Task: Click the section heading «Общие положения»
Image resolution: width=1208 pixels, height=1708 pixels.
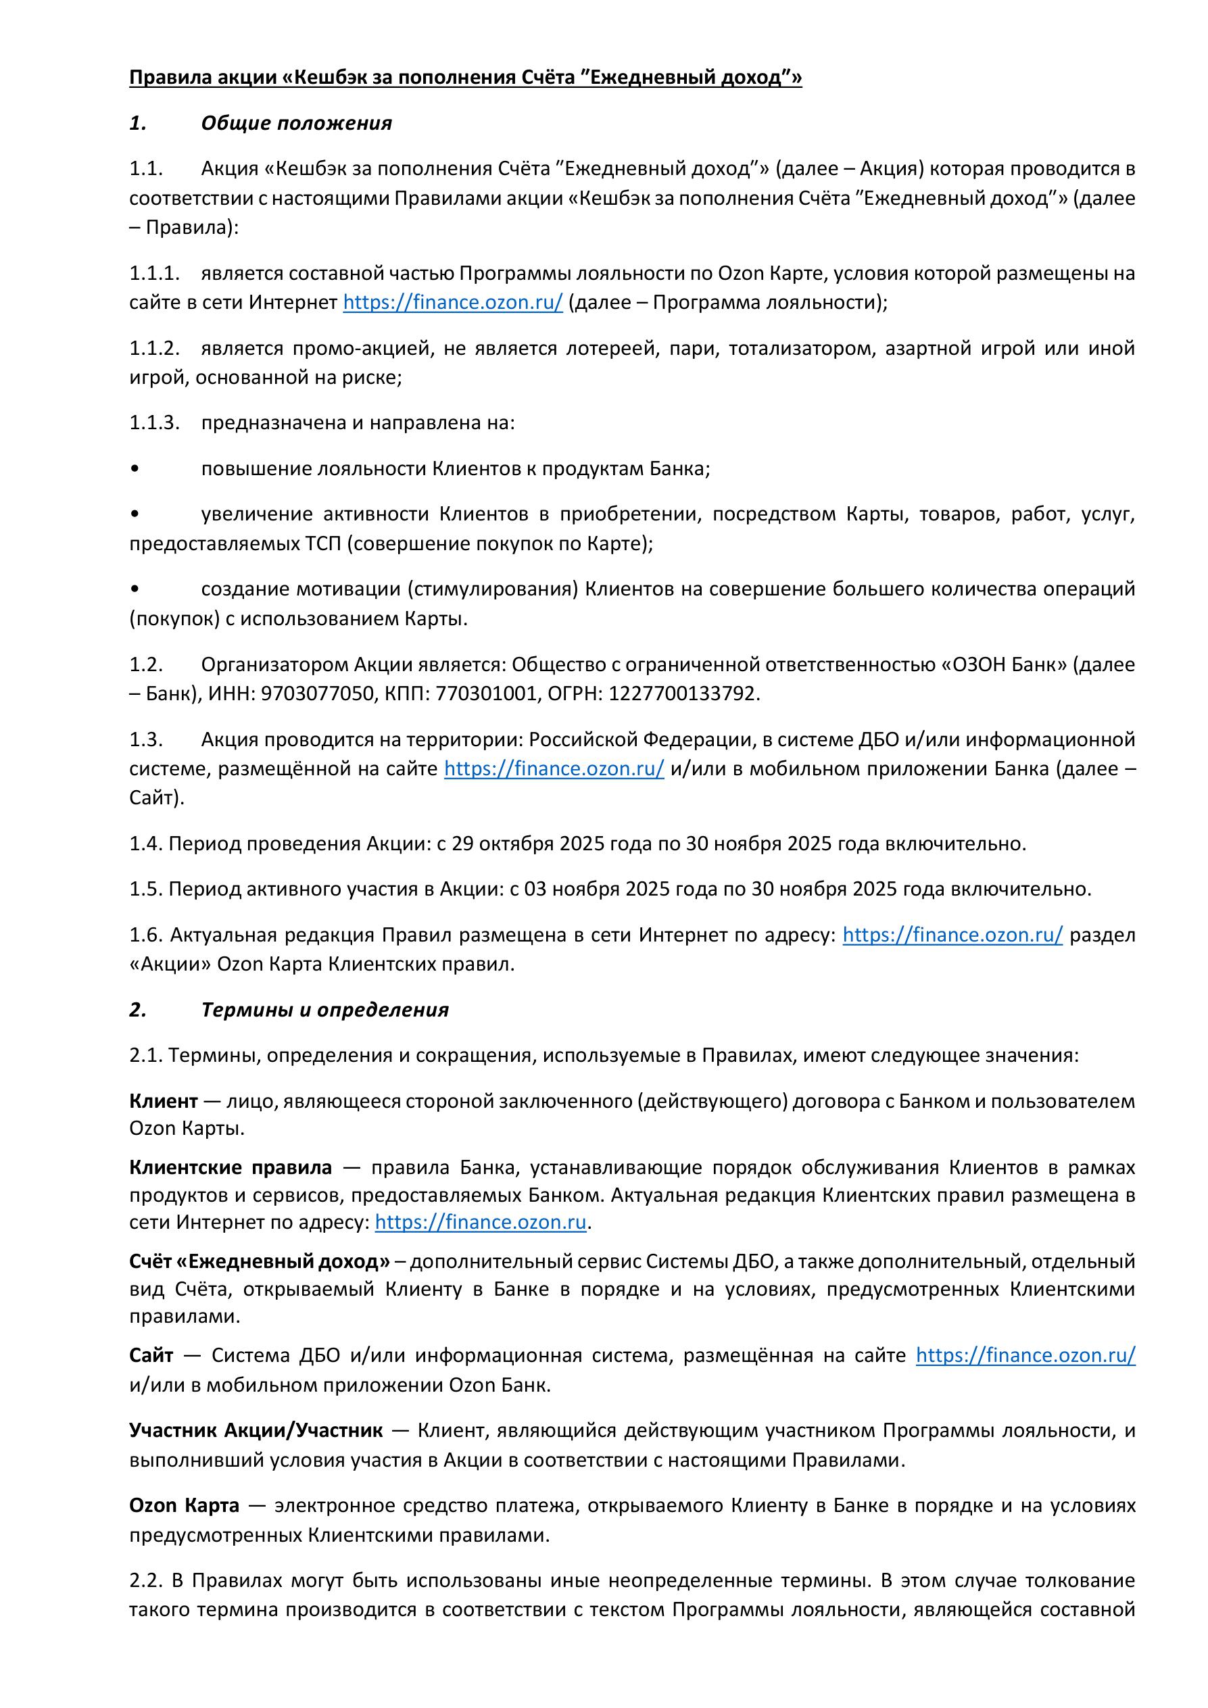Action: coord(296,123)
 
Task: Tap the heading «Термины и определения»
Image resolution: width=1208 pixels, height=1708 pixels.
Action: coord(324,1010)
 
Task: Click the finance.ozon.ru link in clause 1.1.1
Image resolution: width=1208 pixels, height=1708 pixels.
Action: coord(452,303)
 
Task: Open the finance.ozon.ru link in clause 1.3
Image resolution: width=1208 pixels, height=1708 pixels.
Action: coord(554,768)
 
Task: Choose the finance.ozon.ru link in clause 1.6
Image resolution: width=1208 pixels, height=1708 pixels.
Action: coord(952,934)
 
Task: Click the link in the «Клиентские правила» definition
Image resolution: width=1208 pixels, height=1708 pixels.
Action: coord(481,1222)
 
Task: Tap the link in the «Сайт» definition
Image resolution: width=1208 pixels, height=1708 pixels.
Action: coord(1025,1355)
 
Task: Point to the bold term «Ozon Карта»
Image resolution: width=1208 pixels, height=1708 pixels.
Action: coord(185,1505)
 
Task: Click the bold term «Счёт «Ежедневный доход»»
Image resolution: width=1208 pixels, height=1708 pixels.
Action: coord(259,1261)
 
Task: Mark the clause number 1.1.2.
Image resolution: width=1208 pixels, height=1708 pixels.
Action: coord(155,348)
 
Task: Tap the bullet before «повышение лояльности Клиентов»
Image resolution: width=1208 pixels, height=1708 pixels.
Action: coord(134,469)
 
